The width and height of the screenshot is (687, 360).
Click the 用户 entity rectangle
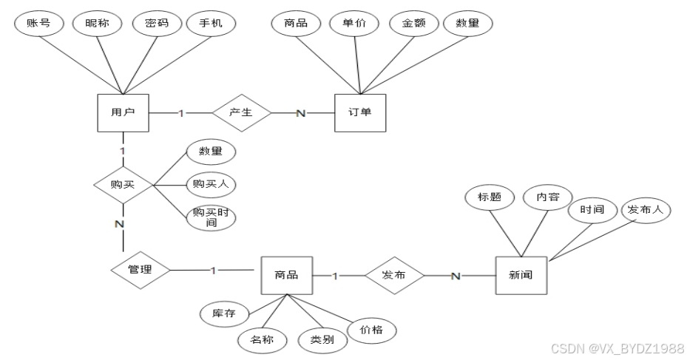click(x=123, y=113)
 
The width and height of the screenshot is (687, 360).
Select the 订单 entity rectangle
click(x=360, y=113)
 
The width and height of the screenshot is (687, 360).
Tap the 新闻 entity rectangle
click(x=521, y=276)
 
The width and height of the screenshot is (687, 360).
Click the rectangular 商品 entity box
click(x=286, y=275)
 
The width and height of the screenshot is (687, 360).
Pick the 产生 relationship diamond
click(x=242, y=113)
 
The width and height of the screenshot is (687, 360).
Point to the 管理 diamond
click(x=141, y=270)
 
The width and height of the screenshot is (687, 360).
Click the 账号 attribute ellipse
click(x=39, y=23)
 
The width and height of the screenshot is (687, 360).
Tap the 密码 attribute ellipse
click(x=156, y=23)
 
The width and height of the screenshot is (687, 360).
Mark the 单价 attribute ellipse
click(x=353, y=23)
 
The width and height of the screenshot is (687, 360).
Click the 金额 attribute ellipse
click(x=413, y=24)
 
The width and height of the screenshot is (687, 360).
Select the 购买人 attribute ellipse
click(x=211, y=183)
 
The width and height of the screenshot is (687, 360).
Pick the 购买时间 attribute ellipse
click(x=211, y=216)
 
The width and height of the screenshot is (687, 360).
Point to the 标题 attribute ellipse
click(x=490, y=197)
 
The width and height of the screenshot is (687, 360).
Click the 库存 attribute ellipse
click(x=224, y=313)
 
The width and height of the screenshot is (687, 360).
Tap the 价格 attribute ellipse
click(x=371, y=330)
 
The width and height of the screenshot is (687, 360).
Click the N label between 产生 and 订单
click(x=300, y=113)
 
